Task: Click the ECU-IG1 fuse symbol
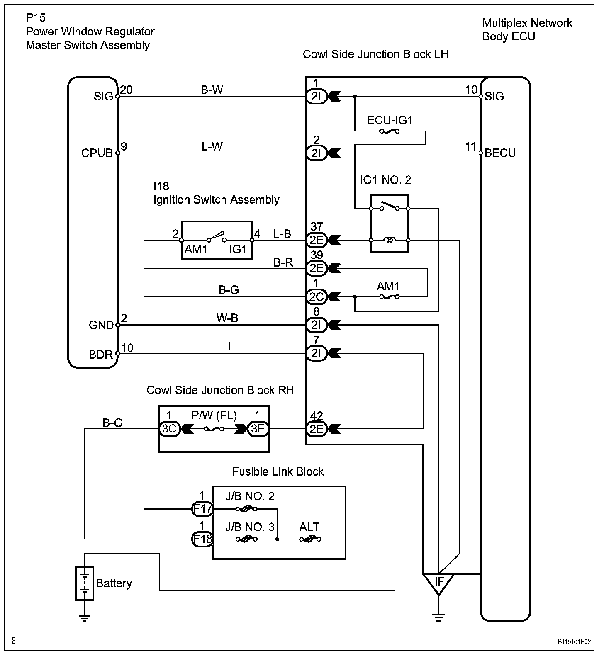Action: click(390, 131)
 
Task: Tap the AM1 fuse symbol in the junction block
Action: click(390, 296)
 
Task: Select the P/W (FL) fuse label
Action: click(214, 415)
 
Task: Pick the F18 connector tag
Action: click(202, 539)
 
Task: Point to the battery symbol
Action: click(84, 583)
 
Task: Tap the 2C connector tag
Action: click(317, 296)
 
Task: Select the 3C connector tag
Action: click(169, 428)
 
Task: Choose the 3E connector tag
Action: click(258, 428)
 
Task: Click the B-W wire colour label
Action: click(212, 90)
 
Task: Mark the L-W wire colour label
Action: click(212, 146)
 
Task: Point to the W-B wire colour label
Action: click(227, 318)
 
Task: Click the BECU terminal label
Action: click(500, 153)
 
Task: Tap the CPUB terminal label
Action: click(97, 153)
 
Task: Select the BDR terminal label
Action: click(101, 355)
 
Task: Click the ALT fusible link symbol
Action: click(309, 539)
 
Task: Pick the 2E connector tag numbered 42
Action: click(317, 428)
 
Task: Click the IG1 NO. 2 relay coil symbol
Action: click(389, 240)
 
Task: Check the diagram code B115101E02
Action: click(574, 641)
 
